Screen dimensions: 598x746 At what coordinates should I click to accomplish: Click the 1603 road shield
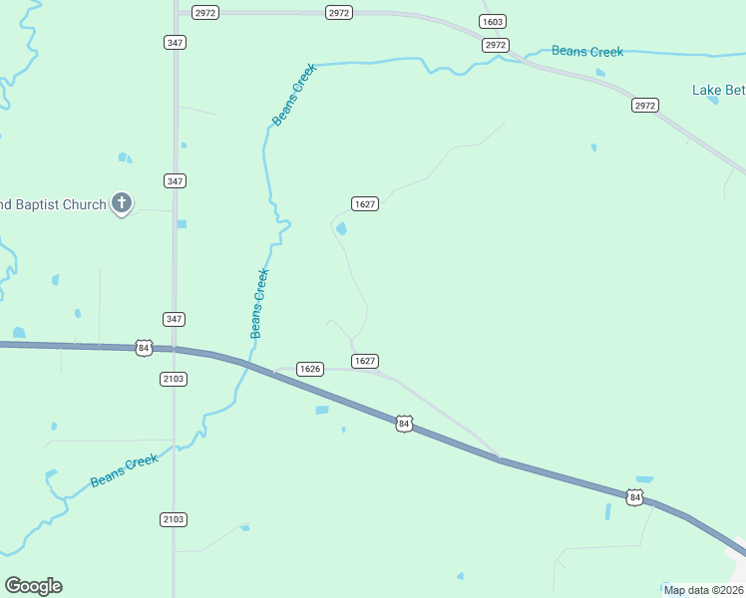[492, 22]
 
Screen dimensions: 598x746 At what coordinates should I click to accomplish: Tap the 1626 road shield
[310, 369]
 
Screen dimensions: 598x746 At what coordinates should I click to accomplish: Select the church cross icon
[122, 203]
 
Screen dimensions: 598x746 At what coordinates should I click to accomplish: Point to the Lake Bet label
[718, 91]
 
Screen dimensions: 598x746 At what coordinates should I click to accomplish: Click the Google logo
[33, 586]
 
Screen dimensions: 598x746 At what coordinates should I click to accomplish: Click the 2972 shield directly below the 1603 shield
[496, 45]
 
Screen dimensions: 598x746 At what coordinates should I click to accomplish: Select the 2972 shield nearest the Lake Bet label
[645, 105]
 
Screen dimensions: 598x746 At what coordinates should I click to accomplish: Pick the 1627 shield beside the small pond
[364, 203]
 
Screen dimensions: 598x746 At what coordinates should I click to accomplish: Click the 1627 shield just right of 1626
[364, 361]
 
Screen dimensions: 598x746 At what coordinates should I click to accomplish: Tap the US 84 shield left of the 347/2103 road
[144, 348]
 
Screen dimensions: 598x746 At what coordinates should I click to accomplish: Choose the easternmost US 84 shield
[634, 496]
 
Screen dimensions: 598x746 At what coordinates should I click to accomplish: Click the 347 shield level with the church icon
[175, 180]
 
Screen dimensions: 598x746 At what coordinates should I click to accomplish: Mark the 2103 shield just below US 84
[173, 379]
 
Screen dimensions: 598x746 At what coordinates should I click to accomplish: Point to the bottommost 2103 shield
[173, 519]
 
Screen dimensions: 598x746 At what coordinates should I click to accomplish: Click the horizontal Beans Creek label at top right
[587, 52]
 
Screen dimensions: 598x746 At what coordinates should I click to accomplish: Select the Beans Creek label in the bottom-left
[125, 470]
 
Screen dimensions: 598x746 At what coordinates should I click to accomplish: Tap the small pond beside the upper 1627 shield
[342, 229]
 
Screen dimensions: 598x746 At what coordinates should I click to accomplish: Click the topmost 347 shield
[175, 42]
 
